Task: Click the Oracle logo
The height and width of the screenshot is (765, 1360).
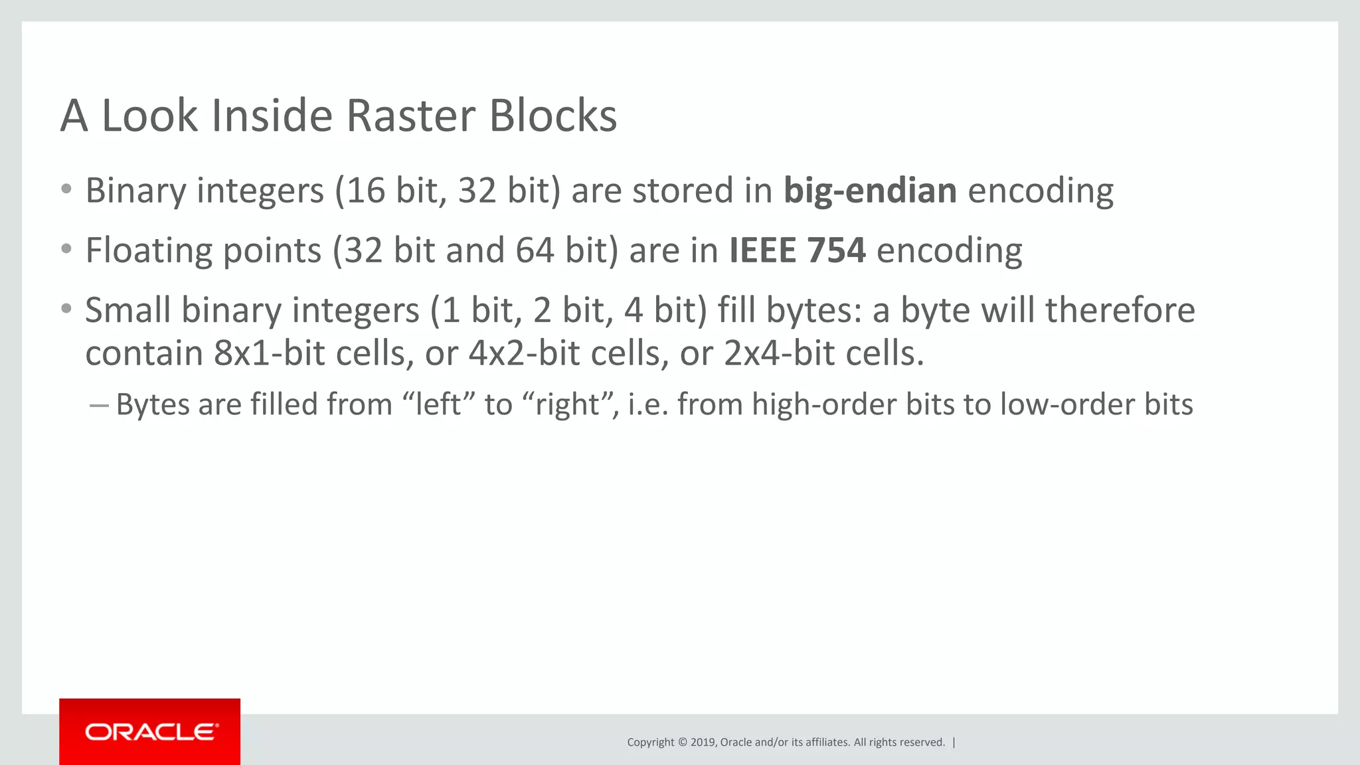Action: point(150,732)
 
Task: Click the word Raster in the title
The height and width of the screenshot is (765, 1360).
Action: point(410,116)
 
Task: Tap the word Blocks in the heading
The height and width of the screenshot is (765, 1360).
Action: point(552,116)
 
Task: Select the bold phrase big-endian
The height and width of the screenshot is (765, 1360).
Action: point(870,191)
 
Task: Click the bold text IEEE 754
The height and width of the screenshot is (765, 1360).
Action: point(797,250)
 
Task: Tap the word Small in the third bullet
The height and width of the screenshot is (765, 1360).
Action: point(127,311)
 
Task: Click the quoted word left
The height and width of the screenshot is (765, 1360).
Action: point(438,404)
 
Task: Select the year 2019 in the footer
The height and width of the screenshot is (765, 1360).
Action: point(703,742)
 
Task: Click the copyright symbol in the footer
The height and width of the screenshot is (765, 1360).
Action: point(681,742)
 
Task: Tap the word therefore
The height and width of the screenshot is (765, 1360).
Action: point(1120,311)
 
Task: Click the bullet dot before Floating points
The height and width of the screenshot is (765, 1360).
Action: point(66,250)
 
